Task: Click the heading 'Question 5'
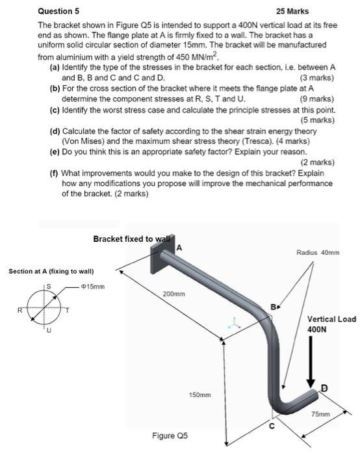point(59,11)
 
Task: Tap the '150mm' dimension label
point(199,395)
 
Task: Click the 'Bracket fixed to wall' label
point(133,239)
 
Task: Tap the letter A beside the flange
point(180,247)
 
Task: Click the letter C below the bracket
point(272,426)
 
